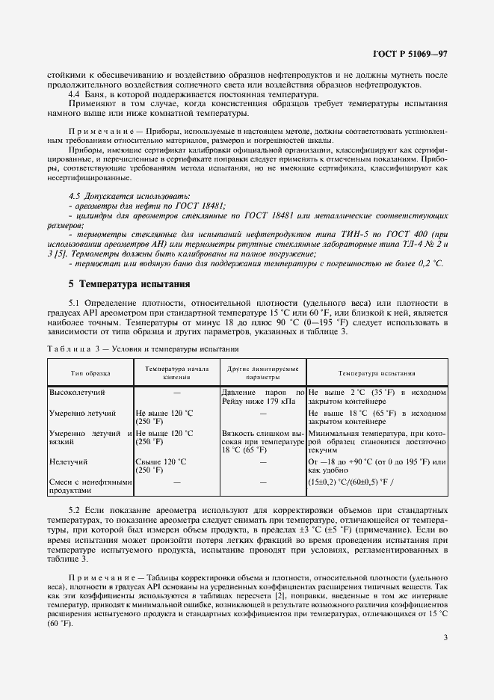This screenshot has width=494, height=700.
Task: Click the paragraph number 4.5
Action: click(75, 194)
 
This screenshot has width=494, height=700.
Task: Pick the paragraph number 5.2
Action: click(75, 509)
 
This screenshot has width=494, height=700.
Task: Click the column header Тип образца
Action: click(90, 372)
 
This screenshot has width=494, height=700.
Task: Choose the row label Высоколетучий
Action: click(78, 391)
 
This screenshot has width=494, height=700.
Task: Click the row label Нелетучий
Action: click(69, 463)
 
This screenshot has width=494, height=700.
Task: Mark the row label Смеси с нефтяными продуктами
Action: click(90, 487)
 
